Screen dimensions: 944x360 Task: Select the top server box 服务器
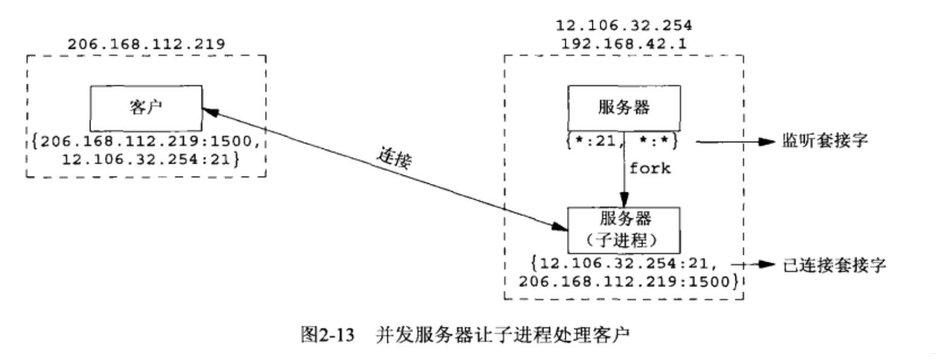[624, 107]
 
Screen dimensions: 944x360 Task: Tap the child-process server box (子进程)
[624, 229]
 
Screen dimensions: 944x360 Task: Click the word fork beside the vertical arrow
[650, 168]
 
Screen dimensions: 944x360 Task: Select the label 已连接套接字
[835, 265]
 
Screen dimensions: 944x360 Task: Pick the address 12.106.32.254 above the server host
[624, 26]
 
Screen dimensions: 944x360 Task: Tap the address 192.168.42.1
[624, 44]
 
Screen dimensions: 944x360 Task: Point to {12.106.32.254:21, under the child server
[618, 264]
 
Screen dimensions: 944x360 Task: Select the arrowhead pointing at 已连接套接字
[766, 265]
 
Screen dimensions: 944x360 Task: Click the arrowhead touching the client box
[206, 111]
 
